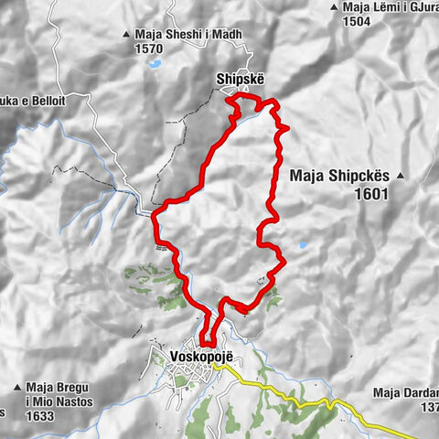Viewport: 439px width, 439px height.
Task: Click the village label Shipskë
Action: pos(241,78)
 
